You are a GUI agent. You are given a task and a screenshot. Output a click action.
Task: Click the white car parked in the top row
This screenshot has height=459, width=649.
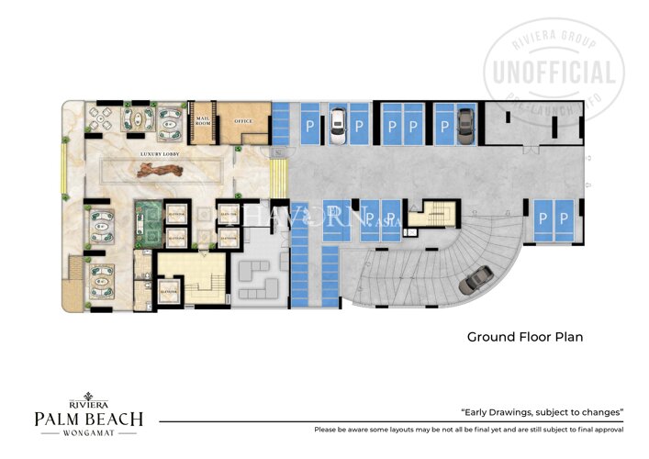336,122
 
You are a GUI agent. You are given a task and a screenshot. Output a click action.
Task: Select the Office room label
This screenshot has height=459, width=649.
242,121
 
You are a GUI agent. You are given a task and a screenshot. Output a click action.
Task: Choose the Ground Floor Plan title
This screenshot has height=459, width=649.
525,337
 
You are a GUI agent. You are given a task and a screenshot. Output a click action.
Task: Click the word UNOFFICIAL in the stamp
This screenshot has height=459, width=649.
556,72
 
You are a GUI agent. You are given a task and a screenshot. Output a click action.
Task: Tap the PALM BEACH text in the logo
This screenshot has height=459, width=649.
88,419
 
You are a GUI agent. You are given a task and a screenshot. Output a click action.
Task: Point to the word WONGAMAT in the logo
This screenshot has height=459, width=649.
88,433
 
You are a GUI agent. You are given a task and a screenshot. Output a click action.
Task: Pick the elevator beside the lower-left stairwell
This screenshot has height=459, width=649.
168,293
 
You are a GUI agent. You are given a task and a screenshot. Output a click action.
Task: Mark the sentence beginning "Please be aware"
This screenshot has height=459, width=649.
468,430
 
